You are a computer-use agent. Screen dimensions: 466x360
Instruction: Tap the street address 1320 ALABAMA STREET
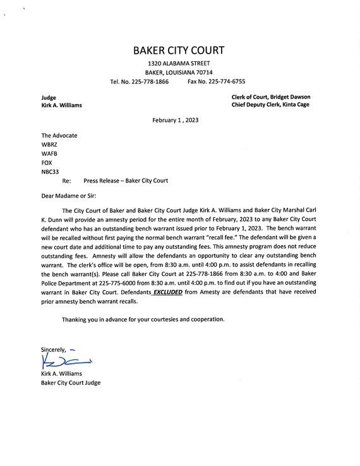click(x=179, y=64)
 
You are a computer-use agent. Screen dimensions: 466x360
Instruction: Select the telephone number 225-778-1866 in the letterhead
click(x=148, y=81)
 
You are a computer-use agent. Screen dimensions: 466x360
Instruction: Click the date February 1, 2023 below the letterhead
click(x=175, y=120)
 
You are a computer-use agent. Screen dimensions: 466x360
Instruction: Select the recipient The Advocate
click(x=59, y=135)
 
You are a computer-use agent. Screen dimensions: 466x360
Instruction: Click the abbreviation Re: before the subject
click(x=66, y=181)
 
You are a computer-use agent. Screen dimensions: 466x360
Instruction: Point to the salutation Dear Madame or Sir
click(x=69, y=196)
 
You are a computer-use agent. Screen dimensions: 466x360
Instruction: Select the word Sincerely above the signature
click(x=53, y=349)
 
